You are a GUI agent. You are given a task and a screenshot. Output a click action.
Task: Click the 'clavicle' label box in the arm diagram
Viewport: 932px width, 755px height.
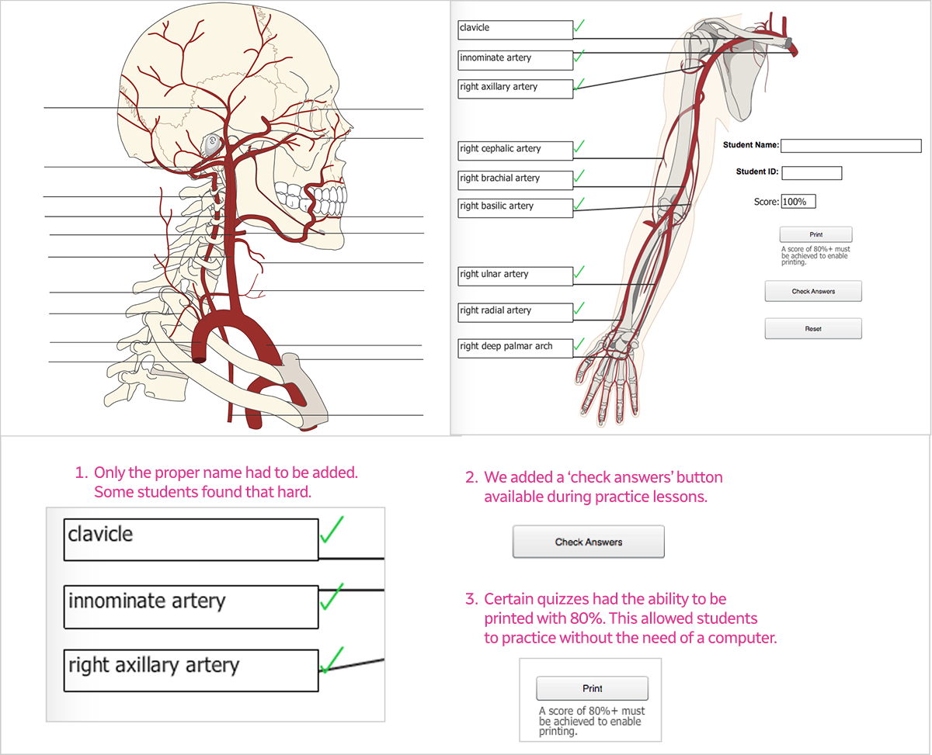point(515,29)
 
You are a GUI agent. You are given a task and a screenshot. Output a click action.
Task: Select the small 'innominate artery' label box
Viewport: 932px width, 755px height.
point(515,59)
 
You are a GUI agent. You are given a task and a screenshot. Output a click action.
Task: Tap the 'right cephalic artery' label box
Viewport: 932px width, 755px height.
point(515,150)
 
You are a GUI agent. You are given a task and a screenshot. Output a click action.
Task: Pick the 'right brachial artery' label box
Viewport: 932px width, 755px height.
point(515,179)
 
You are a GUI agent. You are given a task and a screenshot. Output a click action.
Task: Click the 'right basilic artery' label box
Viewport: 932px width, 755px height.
point(515,207)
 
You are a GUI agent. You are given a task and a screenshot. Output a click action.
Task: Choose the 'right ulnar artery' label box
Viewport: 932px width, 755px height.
point(515,275)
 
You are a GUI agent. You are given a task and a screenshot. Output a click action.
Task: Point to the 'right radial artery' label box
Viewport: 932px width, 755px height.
point(515,312)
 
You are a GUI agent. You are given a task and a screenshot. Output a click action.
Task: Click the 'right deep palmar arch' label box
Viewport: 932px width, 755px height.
point(515,348)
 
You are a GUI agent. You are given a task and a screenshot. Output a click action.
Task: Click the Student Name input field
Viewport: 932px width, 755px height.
point(850,146)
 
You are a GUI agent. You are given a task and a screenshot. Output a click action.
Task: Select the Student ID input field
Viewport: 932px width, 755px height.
point(811,173)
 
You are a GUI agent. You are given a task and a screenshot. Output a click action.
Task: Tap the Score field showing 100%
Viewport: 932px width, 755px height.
point(798,202)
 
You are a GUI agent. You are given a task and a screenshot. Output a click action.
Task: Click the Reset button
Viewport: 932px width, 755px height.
point(813,329)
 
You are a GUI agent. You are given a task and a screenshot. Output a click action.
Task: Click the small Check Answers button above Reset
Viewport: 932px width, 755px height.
point(813,291)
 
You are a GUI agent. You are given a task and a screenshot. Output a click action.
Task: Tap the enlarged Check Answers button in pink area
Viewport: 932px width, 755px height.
point(588,542)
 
